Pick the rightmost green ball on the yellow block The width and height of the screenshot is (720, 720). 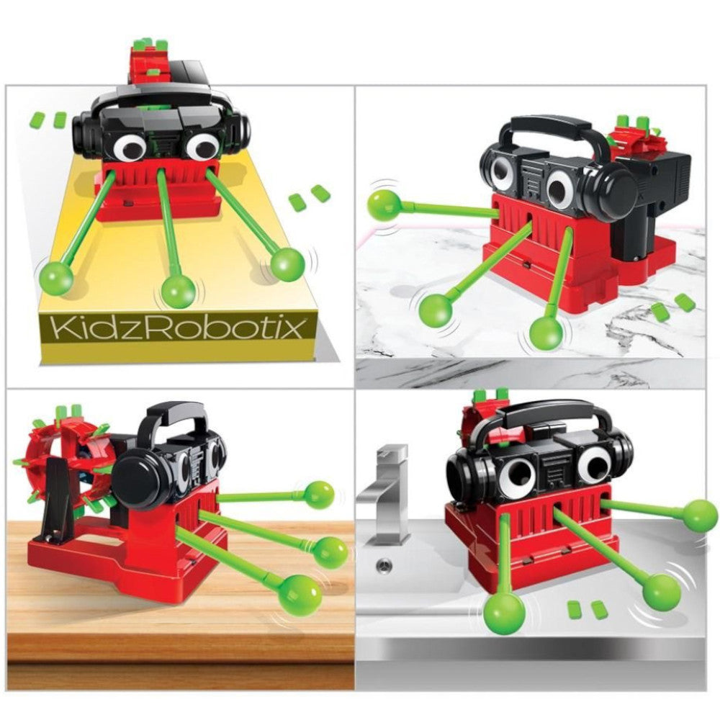(x=287, y=264)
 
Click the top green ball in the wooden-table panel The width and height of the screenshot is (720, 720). (x=318, y=495)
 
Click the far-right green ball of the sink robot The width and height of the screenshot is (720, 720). (x=699, y=516)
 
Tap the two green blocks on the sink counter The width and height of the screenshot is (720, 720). (x=585, y=610)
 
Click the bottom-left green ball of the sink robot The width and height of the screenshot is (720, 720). (x=504, y=612)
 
